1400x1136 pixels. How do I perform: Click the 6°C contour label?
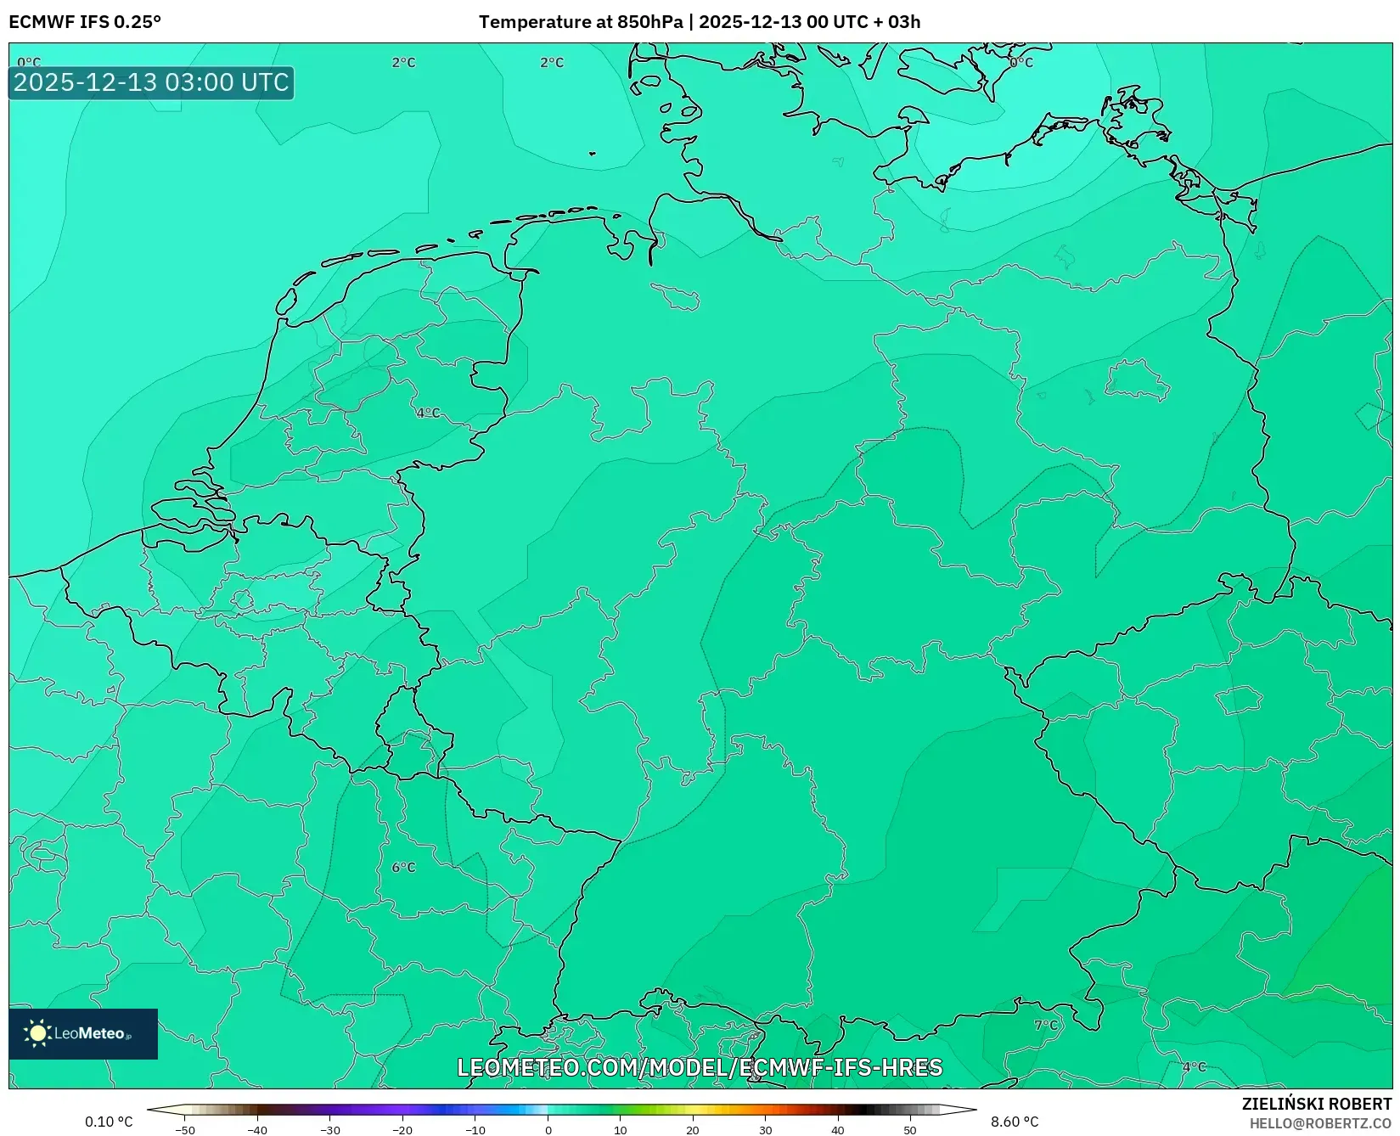click(x=403, y=867)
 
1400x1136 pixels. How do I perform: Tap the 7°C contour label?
click(x=1046, y=1025)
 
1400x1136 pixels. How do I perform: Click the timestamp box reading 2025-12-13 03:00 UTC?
click(x=151, y=82)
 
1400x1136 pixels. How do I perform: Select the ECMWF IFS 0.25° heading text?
click(x=85, y=22)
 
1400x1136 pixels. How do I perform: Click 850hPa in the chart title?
click(x=650, y=22)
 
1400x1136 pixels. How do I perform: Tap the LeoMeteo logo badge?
click(x=83, y=1033)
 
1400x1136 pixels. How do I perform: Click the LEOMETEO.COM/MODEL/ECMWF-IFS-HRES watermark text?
click(x=700, y=1067)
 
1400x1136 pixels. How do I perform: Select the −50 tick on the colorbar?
click(x=185, y=1129)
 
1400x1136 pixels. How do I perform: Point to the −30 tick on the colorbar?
click(x=330, y=1129)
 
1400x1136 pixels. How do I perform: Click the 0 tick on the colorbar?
click(x=548, y=1129)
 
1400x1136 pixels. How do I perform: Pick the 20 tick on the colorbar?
click(x=693, y=1129)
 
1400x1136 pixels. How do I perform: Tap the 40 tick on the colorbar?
click(x=838, y=1129)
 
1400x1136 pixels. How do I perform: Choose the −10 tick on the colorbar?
click(x=475, y=1129)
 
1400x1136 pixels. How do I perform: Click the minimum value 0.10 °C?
click(x=109, y=1122)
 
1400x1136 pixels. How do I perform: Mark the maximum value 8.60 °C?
click(x=1015, y=1122)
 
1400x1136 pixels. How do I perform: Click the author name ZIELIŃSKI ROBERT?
click(x=1317, y=1104)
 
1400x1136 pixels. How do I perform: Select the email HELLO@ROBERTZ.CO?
click(x=1320, y=1123)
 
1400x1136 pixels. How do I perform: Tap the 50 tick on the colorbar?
click(x=910, y=1129)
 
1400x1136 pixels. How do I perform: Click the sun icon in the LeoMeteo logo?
click(x=37, y=1032)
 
